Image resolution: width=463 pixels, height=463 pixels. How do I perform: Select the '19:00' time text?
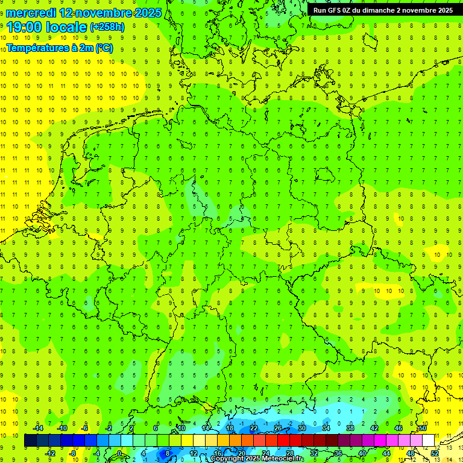(25, 27)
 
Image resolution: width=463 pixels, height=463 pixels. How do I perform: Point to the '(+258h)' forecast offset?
(107, 27)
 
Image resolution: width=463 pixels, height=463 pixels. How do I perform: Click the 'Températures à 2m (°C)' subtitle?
(59, 48)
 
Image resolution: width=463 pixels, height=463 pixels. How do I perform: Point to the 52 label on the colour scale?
(434, 453)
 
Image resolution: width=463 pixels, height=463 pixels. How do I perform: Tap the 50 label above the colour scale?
(423, 428)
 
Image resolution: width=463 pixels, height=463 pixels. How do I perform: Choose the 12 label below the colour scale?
(194, 453)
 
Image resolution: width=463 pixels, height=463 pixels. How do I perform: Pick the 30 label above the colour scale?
(302, 428)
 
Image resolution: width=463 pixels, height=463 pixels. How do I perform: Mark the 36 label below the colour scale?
(338, 453)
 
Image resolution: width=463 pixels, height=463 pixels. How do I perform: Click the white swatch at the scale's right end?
(429, 441)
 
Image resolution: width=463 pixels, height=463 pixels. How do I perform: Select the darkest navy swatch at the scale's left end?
(31, 441)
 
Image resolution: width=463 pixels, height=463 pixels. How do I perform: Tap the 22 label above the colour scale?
(254, 428)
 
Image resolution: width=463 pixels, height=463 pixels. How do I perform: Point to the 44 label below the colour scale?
(386, 453)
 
